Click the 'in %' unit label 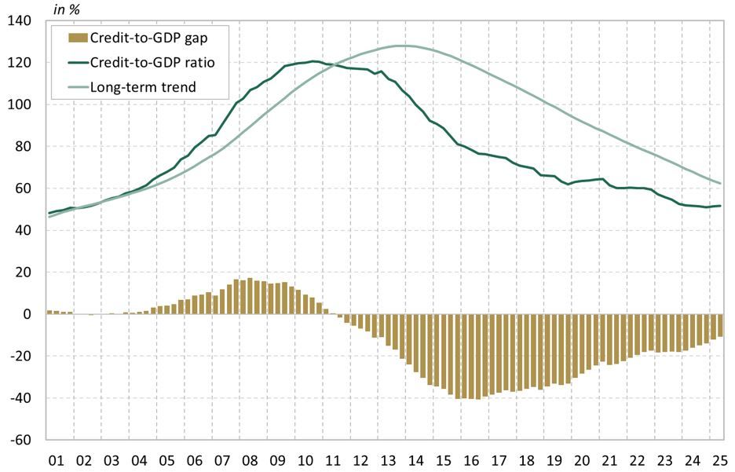pos(67,9)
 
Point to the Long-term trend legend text pos(143,87)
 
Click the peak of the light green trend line pos(402,46)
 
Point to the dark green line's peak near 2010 pos(314,60)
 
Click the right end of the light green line pos(721,183)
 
